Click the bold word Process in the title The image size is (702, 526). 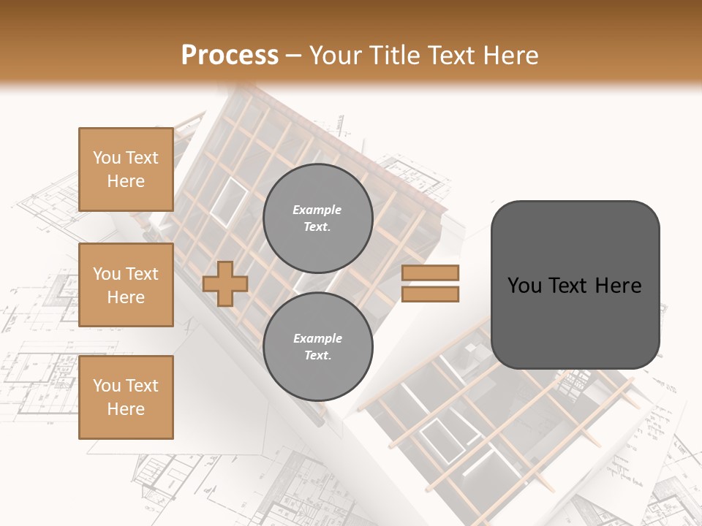click(230, 56)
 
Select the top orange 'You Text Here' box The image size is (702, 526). click(126, 169)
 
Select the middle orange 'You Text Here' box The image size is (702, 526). click(126, 285)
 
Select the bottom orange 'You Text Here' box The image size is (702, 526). click(126, 397)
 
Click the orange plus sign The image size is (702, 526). click(225, 283)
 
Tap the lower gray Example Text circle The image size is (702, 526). click(317, 346)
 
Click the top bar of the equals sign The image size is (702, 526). click(431, 273)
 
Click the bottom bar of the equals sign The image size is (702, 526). click(431, 294)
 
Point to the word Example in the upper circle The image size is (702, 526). click(317, 210)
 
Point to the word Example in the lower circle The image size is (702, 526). click(317, 338)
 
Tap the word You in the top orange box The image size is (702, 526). click(106, 158)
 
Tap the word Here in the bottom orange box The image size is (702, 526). click(126, 409)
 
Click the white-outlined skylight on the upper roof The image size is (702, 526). click(229, 200)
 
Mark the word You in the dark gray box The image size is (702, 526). click(524, 286)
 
